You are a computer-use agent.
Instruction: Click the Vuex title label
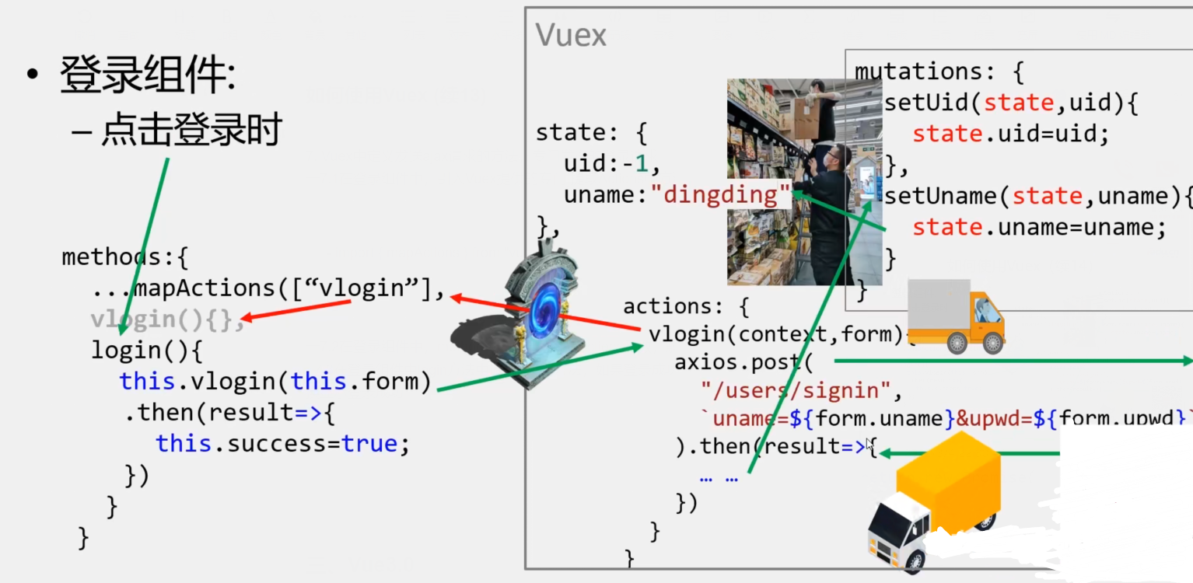click(x=571, y=36)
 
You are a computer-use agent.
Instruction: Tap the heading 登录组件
click(x=147, y=76)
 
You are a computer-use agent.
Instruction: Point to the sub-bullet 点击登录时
click(x=191, y=131)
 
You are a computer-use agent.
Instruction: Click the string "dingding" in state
click(x=721, y=194)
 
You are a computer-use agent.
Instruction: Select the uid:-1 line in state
click(x=611, y=164)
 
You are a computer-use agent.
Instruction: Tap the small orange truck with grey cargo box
click(x=955, y=316)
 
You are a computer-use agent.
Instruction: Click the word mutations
click(x=917, y=72)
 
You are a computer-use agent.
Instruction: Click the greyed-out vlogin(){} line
click(x=166, y=319)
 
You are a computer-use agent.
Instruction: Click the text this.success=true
click(x=282, y=444)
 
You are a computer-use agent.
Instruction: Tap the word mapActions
click(x=204, y=288)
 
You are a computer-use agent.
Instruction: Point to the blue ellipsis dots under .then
click(x=719, y=478)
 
